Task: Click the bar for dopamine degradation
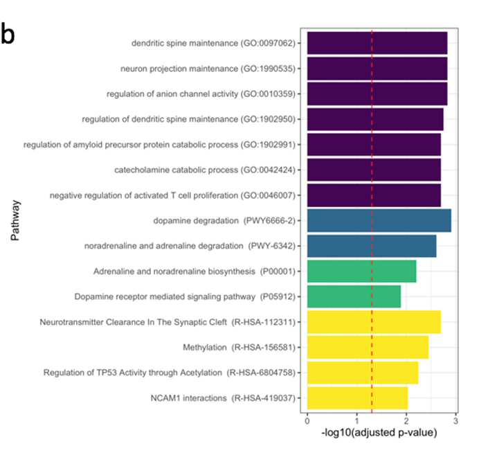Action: tap(379, 221)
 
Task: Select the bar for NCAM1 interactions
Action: tap(357, 398)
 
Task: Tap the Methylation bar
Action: tap(368, 347)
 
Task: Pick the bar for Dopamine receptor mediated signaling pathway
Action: tap(354, 296)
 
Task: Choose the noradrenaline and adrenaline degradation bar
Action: tap(372, 246)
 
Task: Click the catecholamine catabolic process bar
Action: tap(374, 170)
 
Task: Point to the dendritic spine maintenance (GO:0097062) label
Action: tap(213, 43)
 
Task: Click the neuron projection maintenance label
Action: tap(208, 69)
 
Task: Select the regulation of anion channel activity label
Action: tap(201, 93)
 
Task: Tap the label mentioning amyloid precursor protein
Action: tap(159, 145)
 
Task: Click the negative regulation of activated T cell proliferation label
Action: tap(172, 195)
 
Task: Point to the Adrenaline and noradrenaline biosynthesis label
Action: tap(195, 271)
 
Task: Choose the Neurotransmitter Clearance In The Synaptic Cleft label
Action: tap(168, 322)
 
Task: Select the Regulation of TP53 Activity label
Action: tap(170, 373)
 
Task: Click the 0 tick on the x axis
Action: tap(307, 421)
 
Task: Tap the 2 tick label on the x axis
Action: tap(406, 421)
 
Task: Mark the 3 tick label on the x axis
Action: tap(455, 421)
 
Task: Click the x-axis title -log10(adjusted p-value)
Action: tap(379, 433)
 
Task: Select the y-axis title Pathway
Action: tap(15, 220)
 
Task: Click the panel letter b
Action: tap(8, 34)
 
